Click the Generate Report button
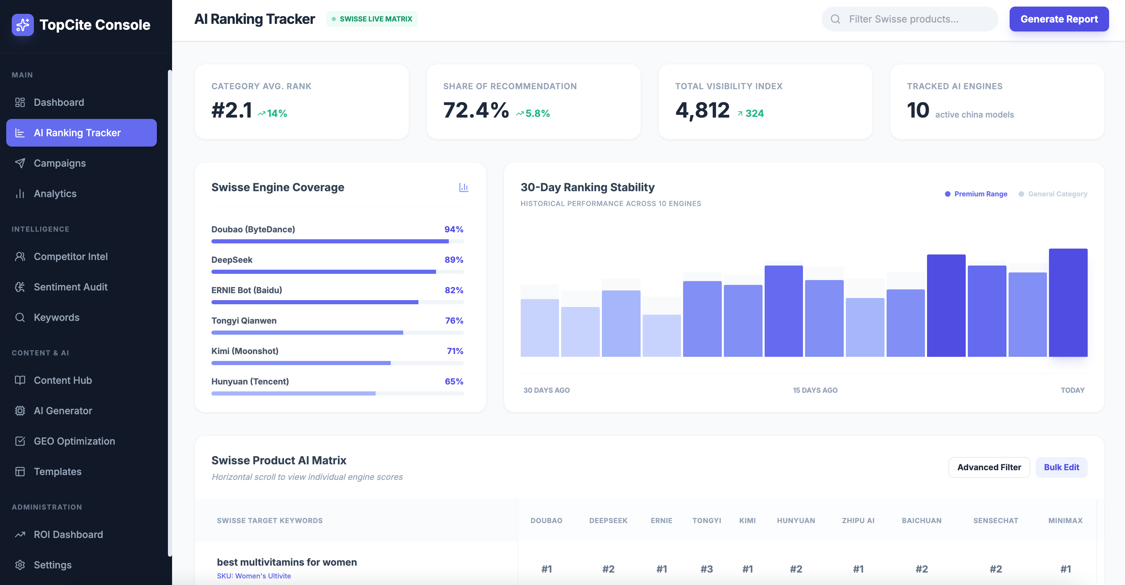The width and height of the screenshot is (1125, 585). point(1059,19)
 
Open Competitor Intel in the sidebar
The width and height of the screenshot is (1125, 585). point(70,257)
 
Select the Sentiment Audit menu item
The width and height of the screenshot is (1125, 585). point(70,287)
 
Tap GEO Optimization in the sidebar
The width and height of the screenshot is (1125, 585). point(74,441)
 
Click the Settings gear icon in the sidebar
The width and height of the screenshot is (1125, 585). point(20,565)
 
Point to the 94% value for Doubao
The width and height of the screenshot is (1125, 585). point(453,229)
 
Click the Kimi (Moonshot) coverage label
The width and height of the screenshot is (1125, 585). point(245,351)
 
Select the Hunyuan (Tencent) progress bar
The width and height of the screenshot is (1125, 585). point(337,394)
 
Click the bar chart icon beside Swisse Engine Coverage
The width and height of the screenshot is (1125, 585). point(463,187)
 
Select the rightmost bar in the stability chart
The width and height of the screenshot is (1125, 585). point(1068,303)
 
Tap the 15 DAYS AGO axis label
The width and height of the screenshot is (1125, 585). point(815,390)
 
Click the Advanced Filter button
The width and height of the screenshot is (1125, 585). point(989,467)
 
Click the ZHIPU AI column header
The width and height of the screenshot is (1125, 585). point(858,521)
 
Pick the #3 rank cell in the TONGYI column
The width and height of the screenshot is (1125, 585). point(706,569)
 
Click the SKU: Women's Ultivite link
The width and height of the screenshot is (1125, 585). point(254,576)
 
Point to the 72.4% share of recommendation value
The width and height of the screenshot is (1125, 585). point(475,110)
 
